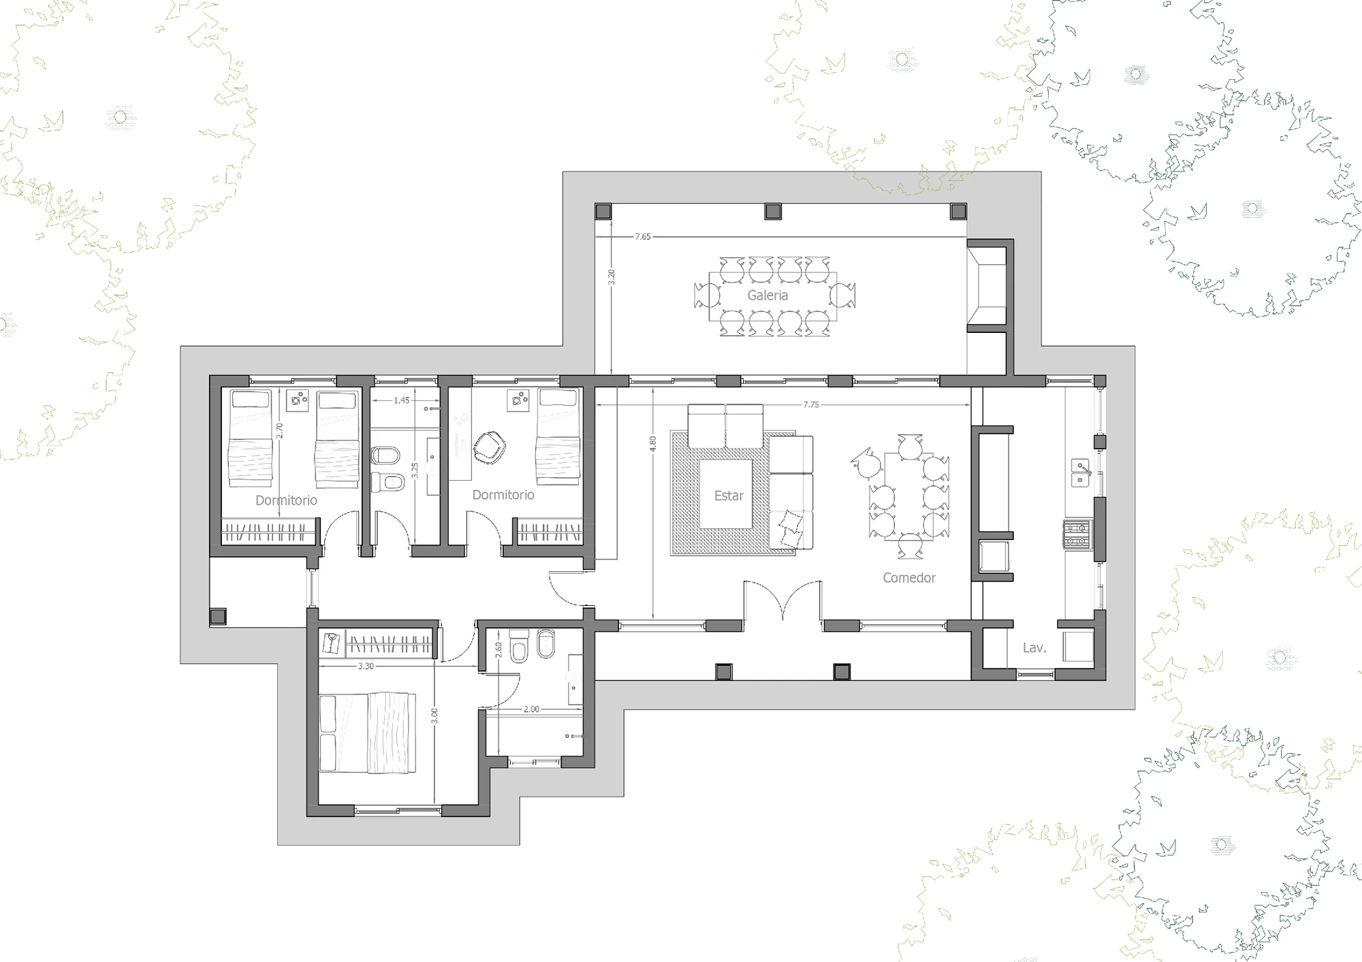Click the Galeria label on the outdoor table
click(x=767, y=295)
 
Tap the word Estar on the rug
click(x=729, y=496)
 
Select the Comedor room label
click(x=909, y=577)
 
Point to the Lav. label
click(x=1034, y=648)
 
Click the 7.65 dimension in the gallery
click(x=643, y=237)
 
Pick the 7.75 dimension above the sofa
click(x=811, y=404)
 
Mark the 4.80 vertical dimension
click(x=653, y=444)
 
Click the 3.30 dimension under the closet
click(x=366, y=666)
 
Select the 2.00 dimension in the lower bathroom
click(x=531, y=709)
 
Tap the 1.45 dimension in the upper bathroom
click(x=402, y=400)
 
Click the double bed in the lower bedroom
click(x=368, y=733)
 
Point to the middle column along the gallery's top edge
click(x=773, y=212)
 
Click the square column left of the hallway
click(x=218, y=617)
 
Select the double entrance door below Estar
click(x=782, y=600)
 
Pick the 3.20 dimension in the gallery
click(x=612, y=276)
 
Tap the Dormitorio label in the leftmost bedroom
click(x=286, y=500)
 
